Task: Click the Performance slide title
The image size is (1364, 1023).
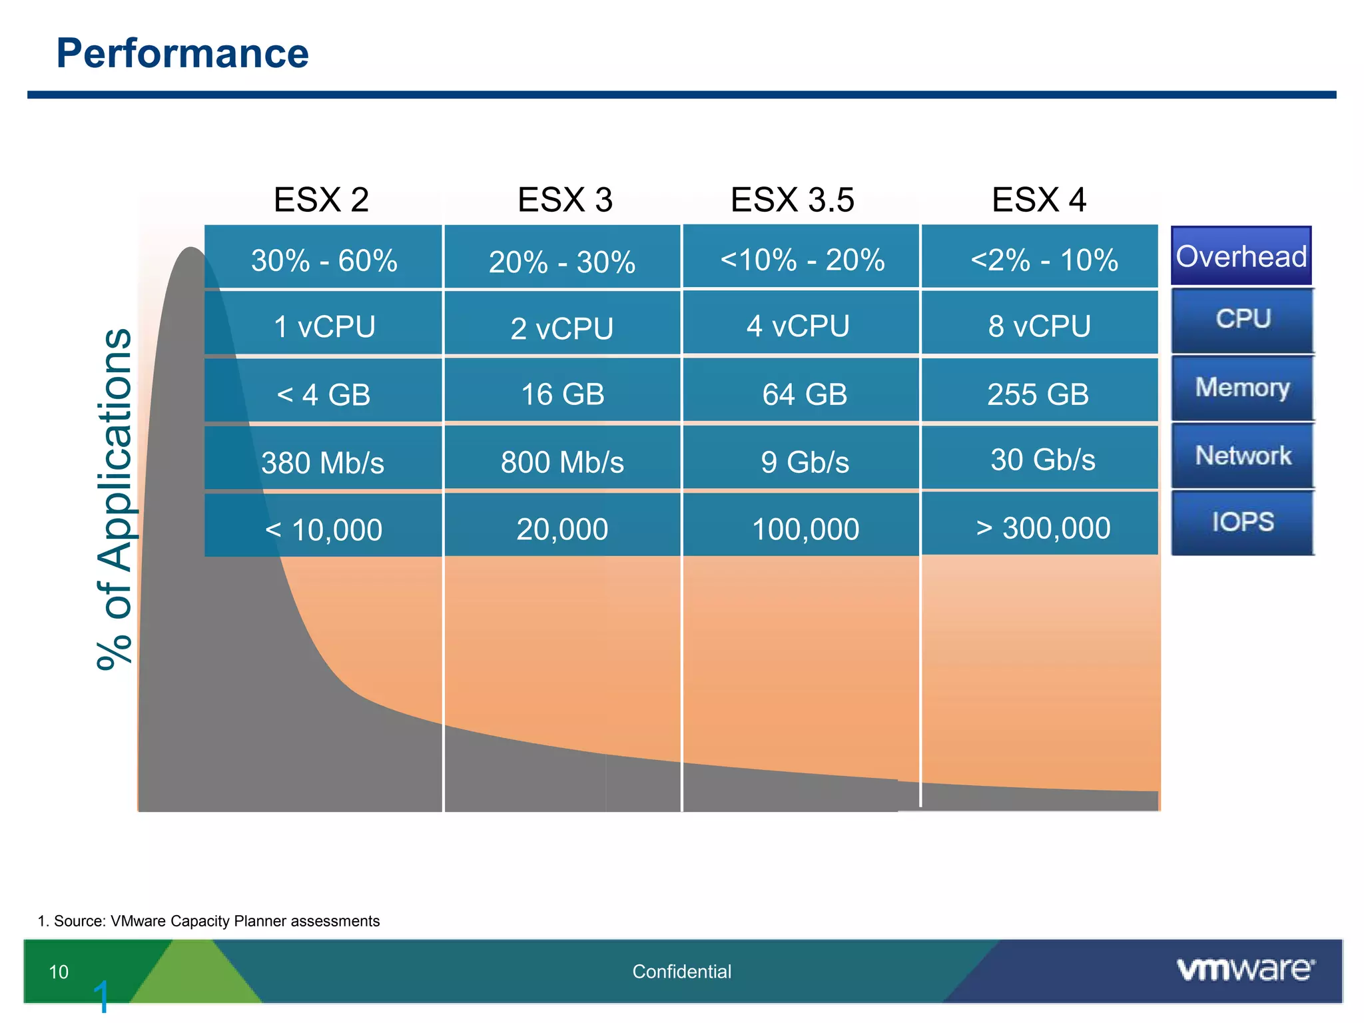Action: pos(182,53)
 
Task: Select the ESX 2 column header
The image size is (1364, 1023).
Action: pos(321,200)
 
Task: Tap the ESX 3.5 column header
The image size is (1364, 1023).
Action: pos(792,200)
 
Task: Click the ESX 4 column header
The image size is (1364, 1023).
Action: pos(1038,200)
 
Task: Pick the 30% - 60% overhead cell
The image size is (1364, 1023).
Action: pos(324,260)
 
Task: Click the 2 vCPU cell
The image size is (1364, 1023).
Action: pos(561,328)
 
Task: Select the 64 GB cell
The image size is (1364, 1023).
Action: pos(804,394)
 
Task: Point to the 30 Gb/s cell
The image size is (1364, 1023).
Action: pos(1042,460)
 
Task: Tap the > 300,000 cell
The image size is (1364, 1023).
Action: pos(1042,528)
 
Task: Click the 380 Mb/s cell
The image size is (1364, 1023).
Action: pos(322,462)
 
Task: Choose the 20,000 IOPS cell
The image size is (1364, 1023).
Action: pos(561,529)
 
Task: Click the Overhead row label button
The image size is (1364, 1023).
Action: pos(1241,256)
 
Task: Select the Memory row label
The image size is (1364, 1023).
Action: pos(1242,388)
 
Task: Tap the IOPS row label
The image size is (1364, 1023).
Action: pos(1242,522)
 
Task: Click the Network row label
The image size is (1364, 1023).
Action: pos(1242,456)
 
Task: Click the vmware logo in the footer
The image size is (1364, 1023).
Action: pos(1245,970)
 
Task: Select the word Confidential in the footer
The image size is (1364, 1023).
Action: pos(681,972)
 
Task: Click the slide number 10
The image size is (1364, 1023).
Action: pos(59,972)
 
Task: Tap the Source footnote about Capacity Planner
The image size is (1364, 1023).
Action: pos(208,921)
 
